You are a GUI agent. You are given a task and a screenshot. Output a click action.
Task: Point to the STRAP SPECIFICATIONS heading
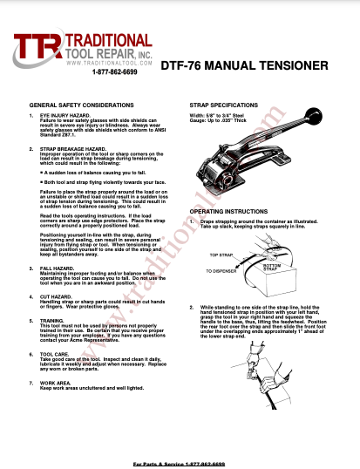(x=225, y=104)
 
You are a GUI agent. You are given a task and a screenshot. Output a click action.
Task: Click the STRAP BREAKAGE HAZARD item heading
(x=75, y=149)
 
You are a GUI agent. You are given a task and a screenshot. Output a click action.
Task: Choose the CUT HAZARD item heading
(x=56, y=296)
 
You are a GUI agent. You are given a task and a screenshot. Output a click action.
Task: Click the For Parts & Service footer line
(x=179, y=464)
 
